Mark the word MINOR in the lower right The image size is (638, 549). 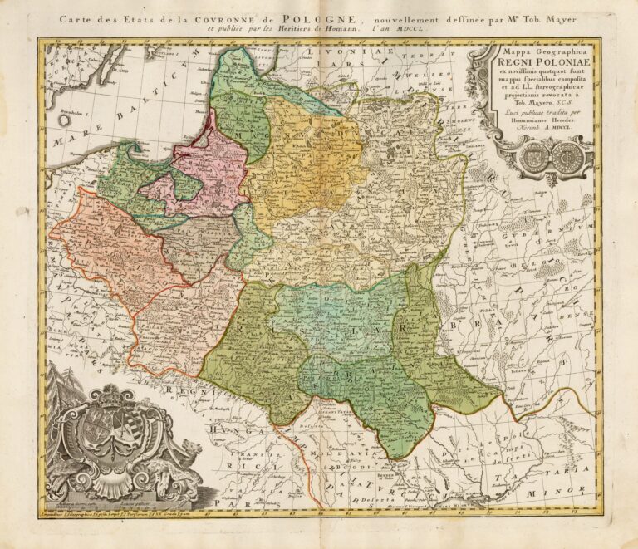pyautogui.click(x=566, y=491)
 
